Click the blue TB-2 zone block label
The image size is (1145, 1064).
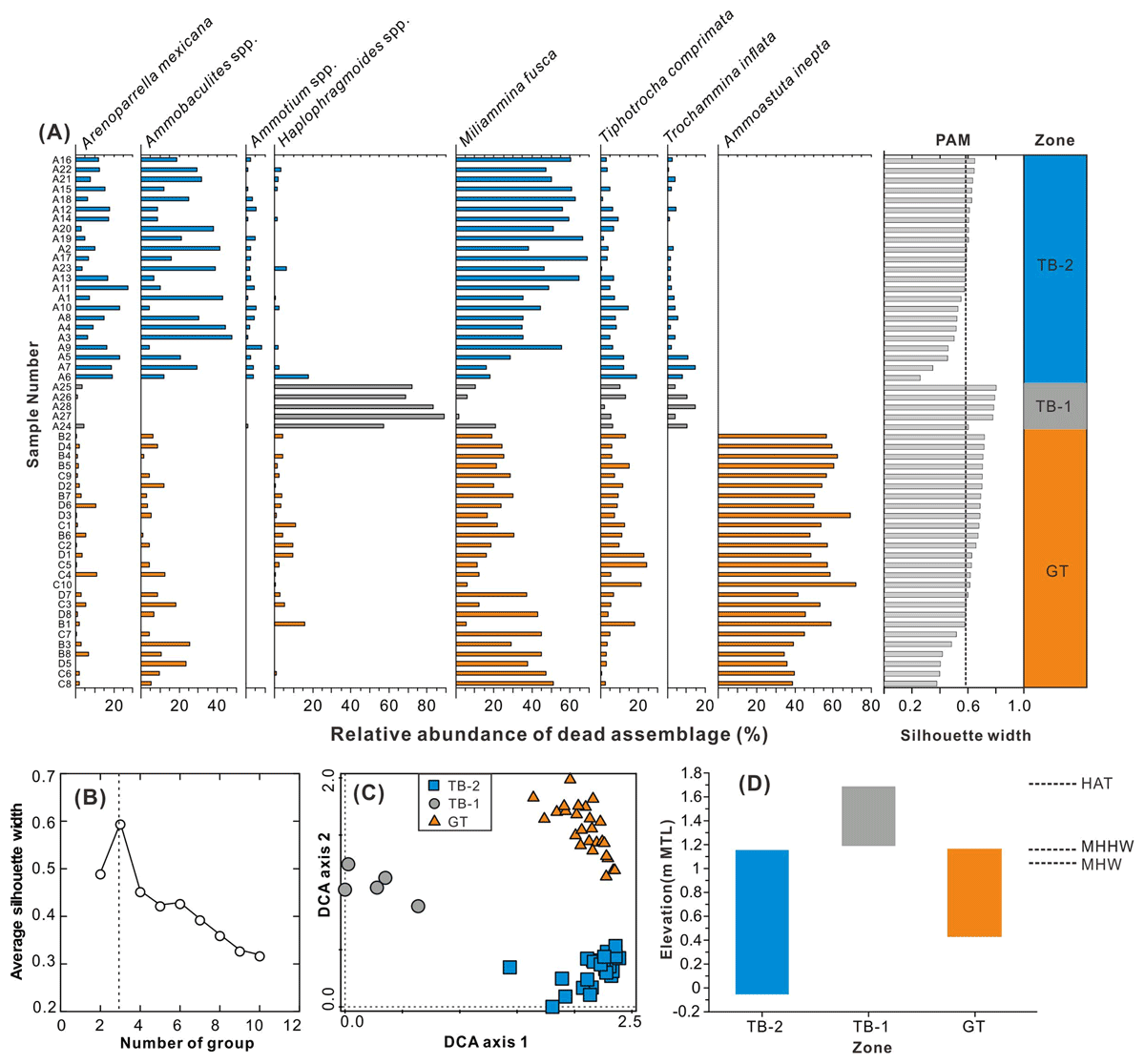(x=1054, y=266)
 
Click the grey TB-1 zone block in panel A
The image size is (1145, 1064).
(x=1054, y=406)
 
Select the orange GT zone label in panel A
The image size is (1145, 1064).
(x=1056, y=572)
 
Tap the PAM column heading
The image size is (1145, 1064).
(x=951, y=140)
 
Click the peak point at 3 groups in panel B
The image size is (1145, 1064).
(x=120, y=825)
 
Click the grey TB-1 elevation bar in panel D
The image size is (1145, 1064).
(x=868, y=816)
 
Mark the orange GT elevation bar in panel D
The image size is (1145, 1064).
(x=974, y=892)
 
